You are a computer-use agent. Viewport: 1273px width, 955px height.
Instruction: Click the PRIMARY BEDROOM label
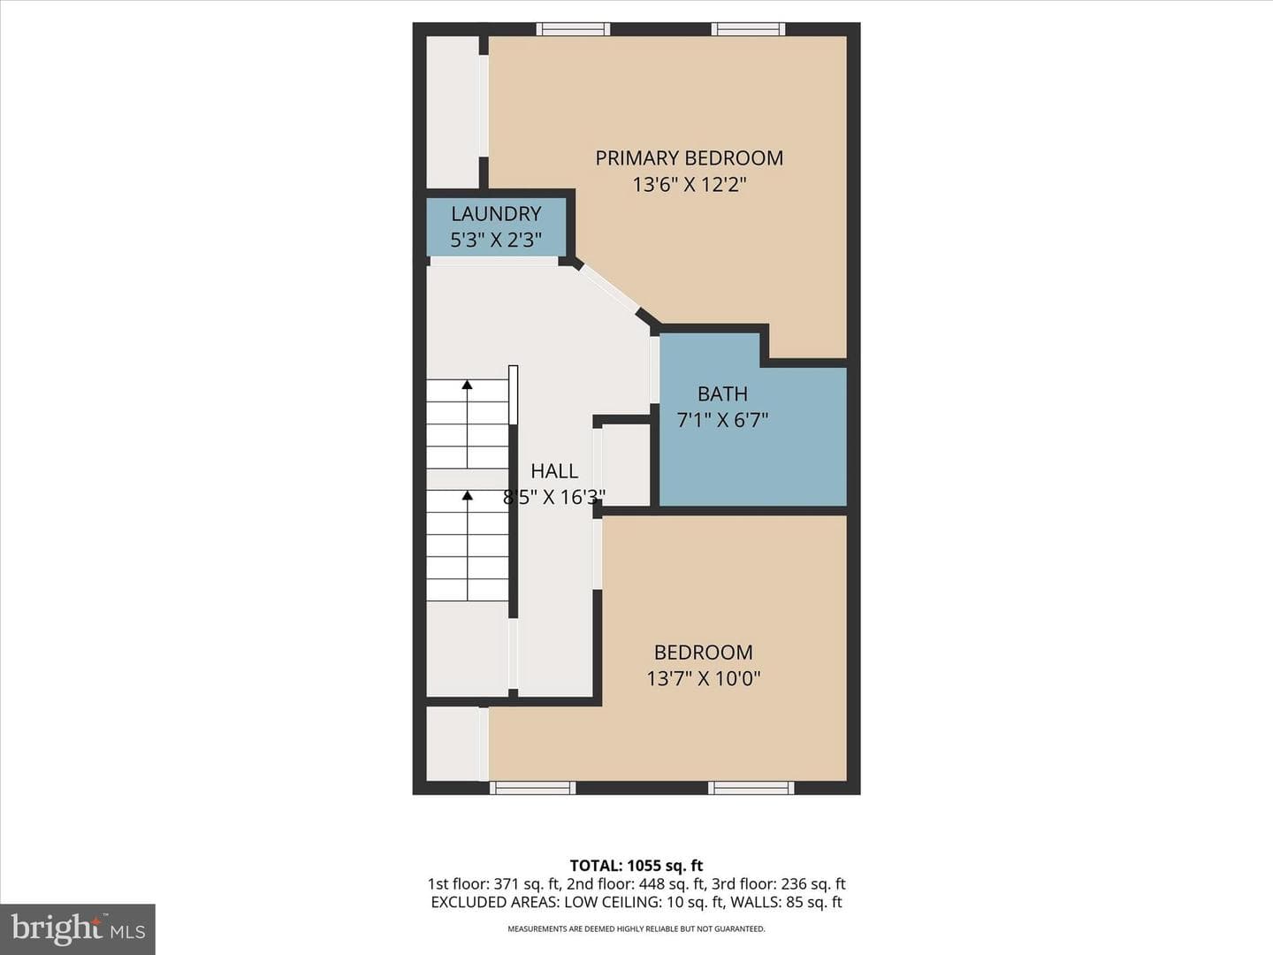click(689, 158)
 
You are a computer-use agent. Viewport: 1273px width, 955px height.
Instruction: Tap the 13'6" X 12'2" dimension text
click(689, 185)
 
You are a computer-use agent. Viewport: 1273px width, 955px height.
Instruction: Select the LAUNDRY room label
click(496, 214)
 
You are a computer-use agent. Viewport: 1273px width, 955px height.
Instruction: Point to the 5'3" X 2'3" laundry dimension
click(496, 240)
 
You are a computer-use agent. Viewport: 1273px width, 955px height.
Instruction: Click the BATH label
click(722, 394)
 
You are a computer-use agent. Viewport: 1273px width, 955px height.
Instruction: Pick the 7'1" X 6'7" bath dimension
click(722, 420)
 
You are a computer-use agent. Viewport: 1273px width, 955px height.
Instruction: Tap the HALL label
click(554, 471)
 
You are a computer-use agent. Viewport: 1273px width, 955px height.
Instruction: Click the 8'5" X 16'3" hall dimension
click(554, 498)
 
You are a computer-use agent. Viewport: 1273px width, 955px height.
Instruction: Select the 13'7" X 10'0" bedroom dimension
click(704, 678)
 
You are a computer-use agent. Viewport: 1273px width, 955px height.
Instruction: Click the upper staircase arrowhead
click(467, 384)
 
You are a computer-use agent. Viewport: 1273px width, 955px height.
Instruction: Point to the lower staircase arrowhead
click(467, 494)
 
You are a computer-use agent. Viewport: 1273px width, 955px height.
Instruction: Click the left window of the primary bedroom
click(573, 29)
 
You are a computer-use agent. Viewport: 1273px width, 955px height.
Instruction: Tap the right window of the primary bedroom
click(748, 29)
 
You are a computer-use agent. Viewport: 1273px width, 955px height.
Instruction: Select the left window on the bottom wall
click(533, 788)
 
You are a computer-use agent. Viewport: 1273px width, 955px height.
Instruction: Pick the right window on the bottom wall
click(751, 788)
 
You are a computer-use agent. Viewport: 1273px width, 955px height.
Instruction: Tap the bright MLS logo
click(78, 928)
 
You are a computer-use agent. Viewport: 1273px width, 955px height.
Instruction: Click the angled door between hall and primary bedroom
click(609, 289)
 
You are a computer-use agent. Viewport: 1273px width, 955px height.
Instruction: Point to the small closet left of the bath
click(626, 465)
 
